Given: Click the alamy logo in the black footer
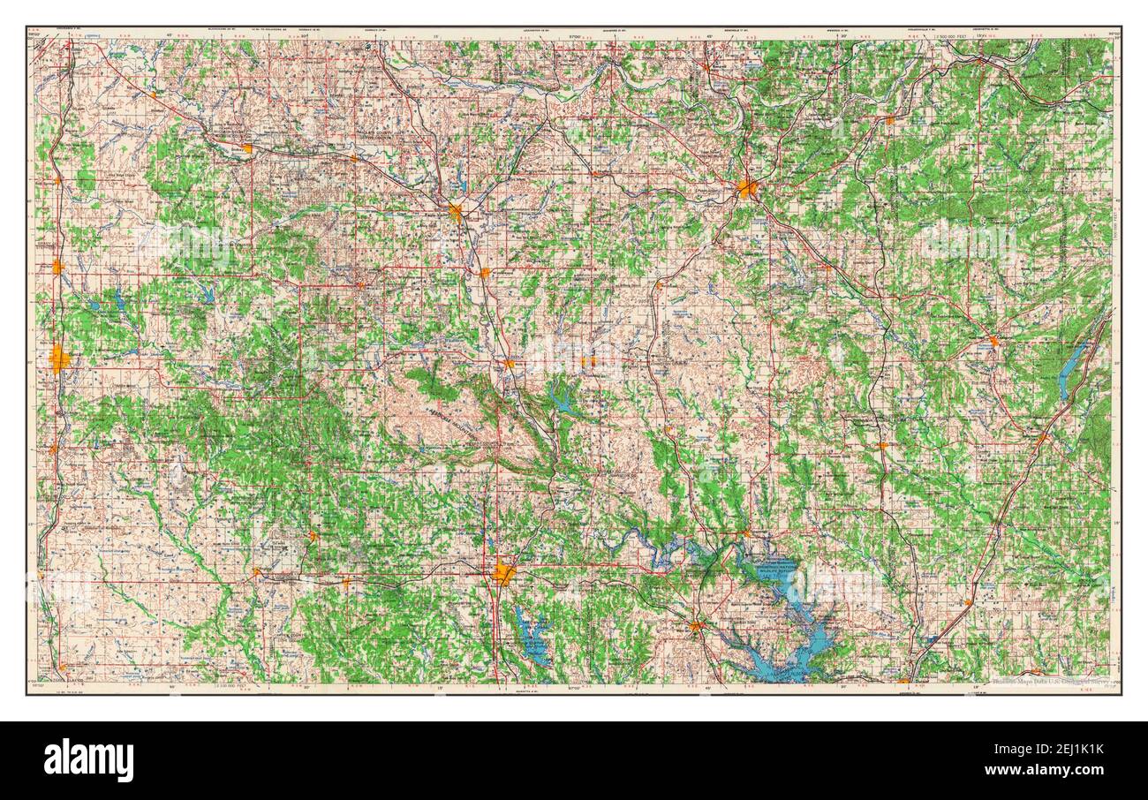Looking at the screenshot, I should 89,759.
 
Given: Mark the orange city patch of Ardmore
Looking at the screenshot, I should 503,573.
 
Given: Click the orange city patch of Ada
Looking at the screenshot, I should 747,187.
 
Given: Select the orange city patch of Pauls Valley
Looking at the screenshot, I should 457,212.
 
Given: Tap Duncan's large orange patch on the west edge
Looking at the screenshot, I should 59,358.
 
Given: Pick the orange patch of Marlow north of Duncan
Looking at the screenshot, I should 57,266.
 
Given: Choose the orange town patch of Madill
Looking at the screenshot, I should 697,627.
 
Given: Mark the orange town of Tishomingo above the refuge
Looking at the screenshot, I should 746,533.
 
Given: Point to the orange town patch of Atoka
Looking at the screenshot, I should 1042,437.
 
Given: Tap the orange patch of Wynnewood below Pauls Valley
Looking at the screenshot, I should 485,273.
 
